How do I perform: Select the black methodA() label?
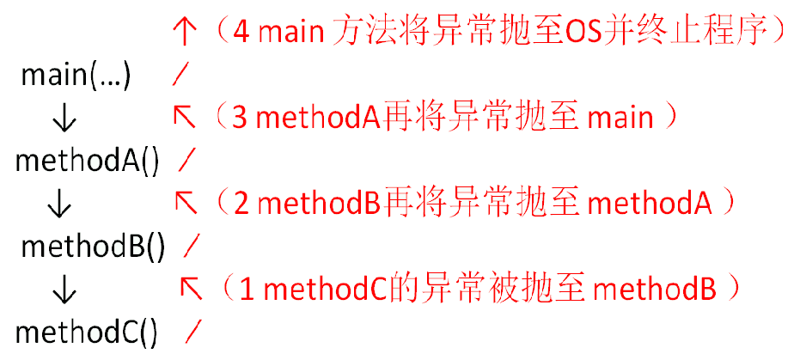coord(88,161)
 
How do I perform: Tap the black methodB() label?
coord(93,247)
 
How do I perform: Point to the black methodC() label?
coord(88,331)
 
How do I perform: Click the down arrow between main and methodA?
coord(63,119)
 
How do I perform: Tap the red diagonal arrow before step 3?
coord(185,117)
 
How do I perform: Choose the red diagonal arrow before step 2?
coord(186,203)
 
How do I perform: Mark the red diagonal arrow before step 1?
coord(191,289)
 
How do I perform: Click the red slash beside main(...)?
coord(180,76)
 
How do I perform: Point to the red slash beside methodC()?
coord(194,331)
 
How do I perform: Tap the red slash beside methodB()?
coord(192,247)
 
